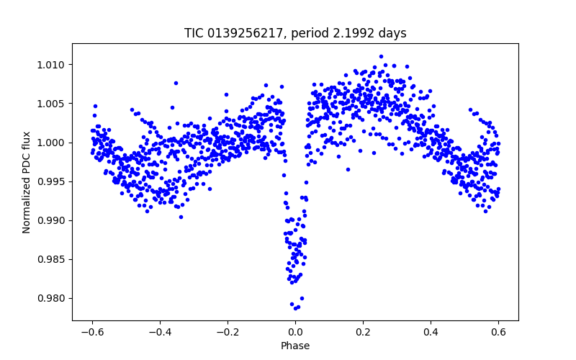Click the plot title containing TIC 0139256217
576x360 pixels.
click(295, 33)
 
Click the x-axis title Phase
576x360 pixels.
click(295, 346)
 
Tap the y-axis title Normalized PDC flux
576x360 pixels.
click(27, 181)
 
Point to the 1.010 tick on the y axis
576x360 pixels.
click(53, 65)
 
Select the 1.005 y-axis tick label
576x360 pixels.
click(53, 104)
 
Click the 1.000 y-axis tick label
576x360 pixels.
click(53, 143)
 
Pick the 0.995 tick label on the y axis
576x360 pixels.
click(53, 181)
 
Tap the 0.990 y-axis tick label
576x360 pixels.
click(53, 220)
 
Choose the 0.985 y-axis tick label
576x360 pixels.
click(53, 259)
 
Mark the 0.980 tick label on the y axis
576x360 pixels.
click(53, 298)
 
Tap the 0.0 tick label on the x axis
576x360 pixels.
click(295, 332)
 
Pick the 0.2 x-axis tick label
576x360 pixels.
click(363, 332)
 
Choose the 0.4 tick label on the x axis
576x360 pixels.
click(431, 332)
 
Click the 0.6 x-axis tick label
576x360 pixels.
click(498, 332)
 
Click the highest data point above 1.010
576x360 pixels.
click(381, 56)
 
